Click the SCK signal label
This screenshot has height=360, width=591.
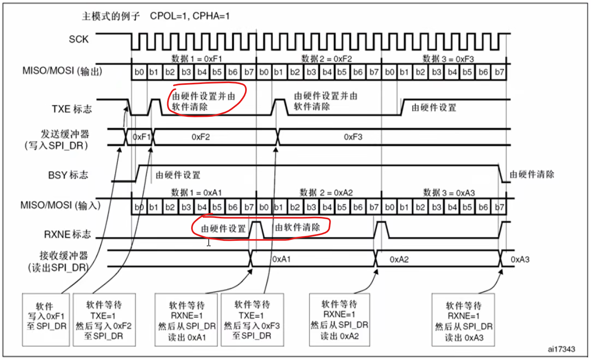[78, 39]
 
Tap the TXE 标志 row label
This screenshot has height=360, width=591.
[72, 109]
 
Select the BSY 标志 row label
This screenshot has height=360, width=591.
[68, 175]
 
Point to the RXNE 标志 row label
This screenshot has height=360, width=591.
[67, 234]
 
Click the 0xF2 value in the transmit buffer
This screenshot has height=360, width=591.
[201, 137]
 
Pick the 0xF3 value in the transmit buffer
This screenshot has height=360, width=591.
[353, 137]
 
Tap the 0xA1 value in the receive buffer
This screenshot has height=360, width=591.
[282, 260]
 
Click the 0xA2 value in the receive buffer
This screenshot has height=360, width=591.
[399, 260]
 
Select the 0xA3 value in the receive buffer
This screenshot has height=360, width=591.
[520, 260]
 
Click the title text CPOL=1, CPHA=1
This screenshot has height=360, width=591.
[190, 16]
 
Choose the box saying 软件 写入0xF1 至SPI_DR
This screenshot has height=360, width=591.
[46, 319]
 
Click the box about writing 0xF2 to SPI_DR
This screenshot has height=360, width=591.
[104, 320]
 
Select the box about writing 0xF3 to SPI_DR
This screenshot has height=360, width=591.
[252, 320]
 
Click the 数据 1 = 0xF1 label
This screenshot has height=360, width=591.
[197, 59]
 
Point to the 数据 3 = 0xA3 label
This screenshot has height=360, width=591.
[449, 193]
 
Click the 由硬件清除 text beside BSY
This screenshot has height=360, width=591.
[532, 174]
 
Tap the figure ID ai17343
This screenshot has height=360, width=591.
[561, 349]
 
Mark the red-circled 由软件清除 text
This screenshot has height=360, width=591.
[297, 228]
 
